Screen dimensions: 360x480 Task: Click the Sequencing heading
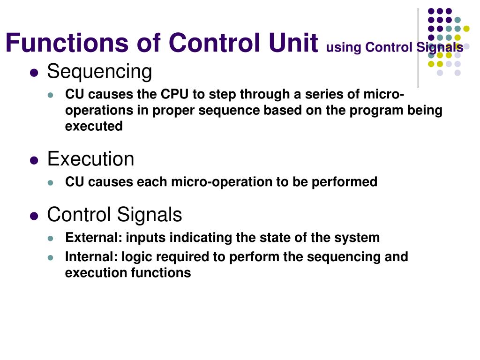tap(99, 72)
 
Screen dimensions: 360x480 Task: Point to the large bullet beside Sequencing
tap(34, 73)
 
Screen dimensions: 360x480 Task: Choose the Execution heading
tap(90, 159)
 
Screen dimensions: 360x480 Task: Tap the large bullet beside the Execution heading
tap(34, 160)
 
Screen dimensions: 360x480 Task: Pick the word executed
tap(94, 126)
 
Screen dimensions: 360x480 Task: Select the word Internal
tap(91, 256)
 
